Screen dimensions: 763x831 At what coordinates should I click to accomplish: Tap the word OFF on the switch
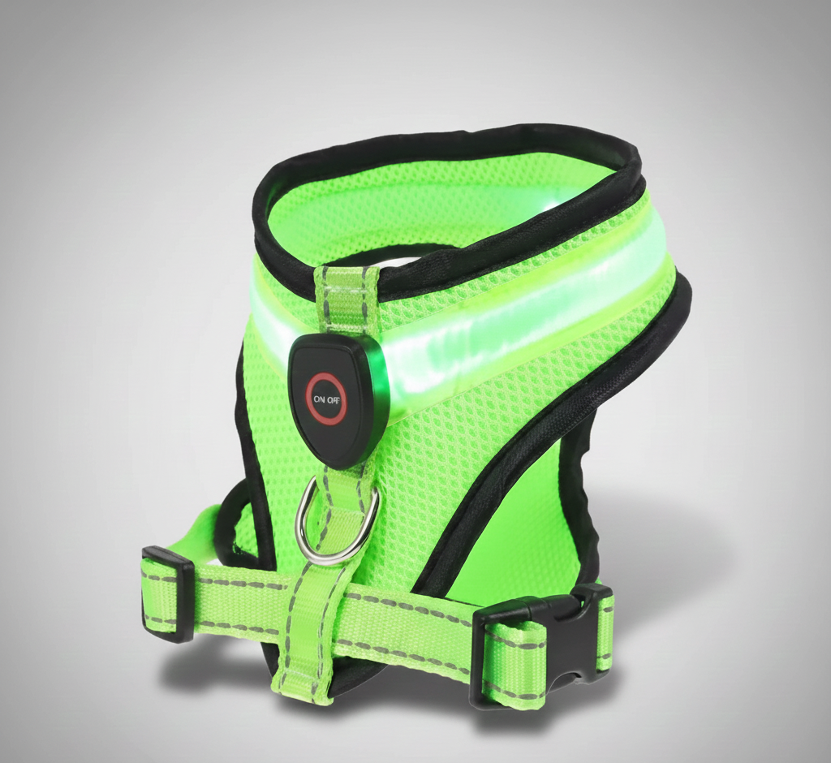click(x=334, y=399)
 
